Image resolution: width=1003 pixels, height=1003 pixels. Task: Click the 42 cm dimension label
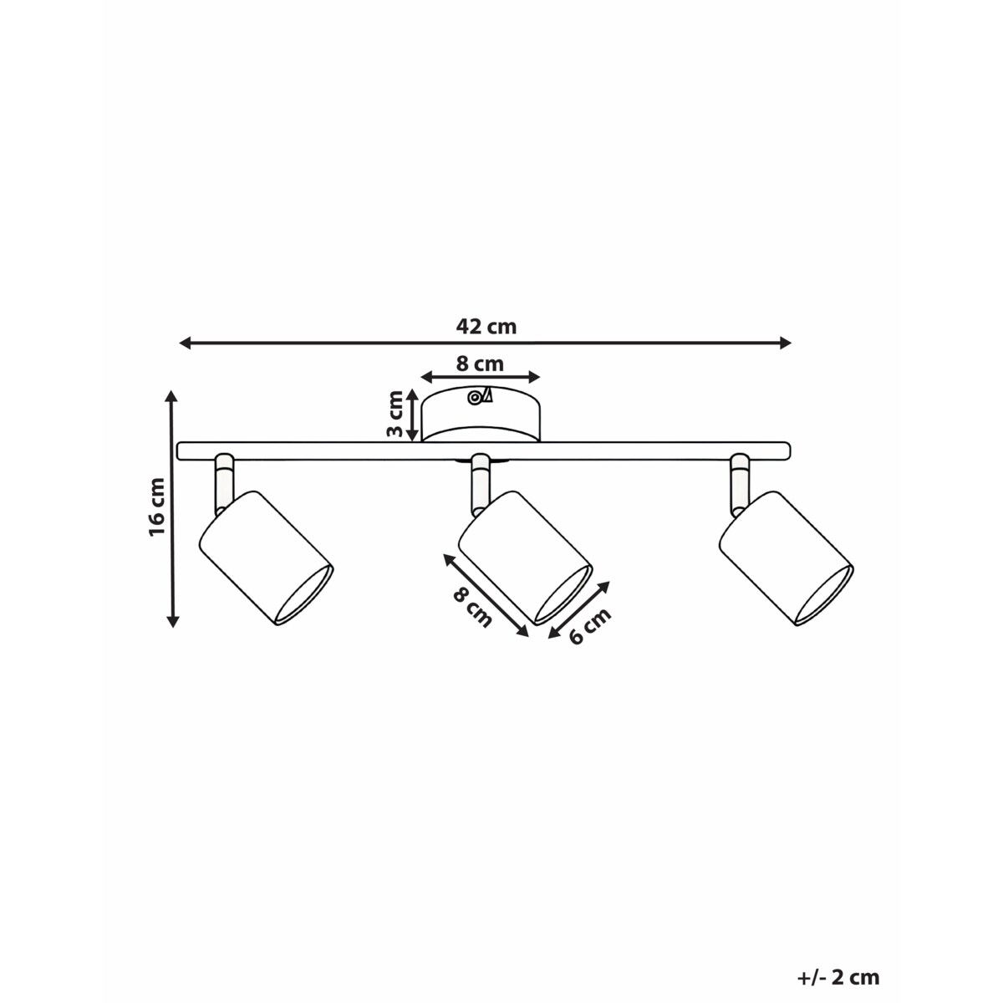click(486, 327)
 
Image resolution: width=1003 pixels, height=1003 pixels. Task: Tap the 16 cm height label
click(156, 507)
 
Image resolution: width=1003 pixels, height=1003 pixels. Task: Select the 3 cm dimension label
click(395, 415)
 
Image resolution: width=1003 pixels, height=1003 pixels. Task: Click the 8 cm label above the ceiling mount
click(480, 364)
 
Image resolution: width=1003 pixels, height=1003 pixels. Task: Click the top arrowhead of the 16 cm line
click(172, 396)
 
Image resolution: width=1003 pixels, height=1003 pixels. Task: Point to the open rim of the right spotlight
click(824, 594)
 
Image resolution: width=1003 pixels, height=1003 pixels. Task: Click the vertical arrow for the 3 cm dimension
click(412, 415)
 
